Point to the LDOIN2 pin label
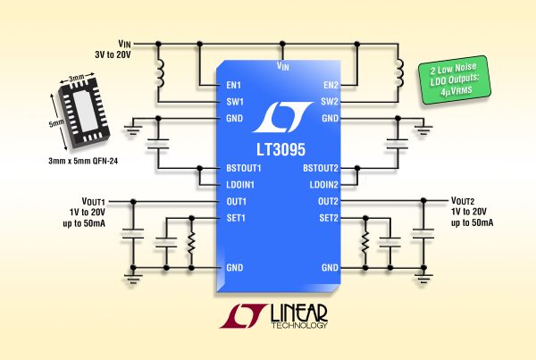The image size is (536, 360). click(321, 184)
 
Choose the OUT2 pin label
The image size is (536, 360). click(326, 201)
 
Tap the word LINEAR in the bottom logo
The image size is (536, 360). click(299, 314)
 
